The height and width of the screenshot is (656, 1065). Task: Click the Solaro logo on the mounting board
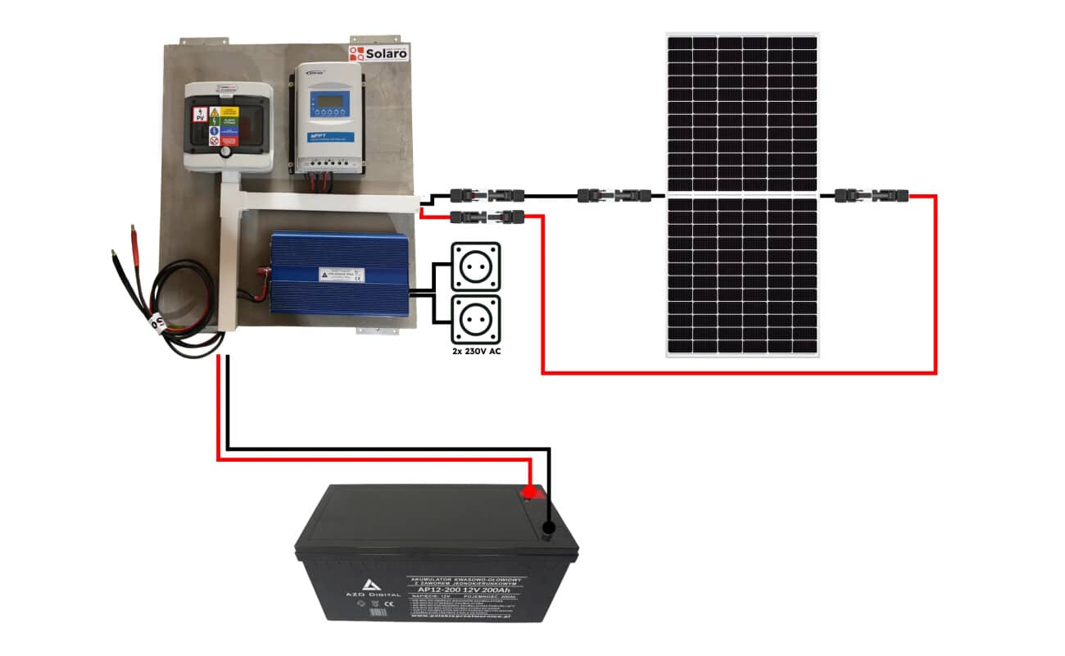[378, 53]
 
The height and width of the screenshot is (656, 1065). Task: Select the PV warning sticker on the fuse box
[198, 116]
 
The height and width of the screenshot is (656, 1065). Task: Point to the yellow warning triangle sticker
[215, 111]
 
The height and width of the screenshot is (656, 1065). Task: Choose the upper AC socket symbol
[476, 266]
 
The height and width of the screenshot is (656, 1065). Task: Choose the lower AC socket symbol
[476, 319]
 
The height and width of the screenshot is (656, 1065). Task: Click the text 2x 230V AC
[476, 350]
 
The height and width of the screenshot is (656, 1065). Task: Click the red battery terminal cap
[530, 492]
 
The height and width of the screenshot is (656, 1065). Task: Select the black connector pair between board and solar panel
[614, 196]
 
